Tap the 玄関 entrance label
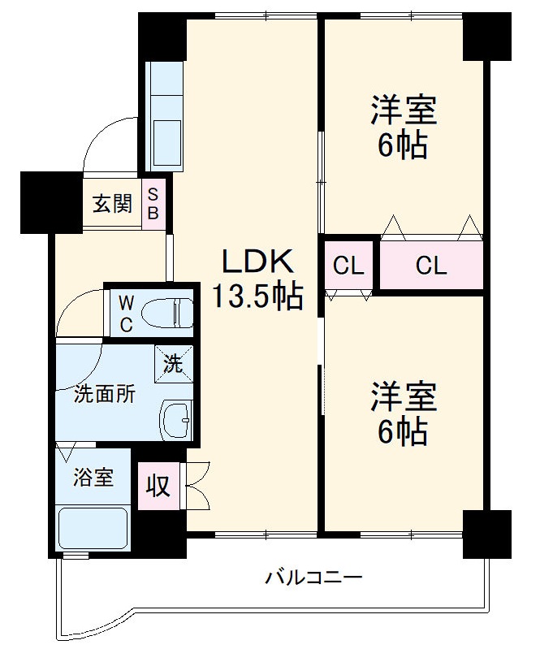(111, 202)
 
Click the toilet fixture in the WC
(167, 312)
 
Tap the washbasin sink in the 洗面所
(177, 420)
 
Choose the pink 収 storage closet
(158, 486)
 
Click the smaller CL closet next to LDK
(348, 266)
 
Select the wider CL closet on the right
(431, 266)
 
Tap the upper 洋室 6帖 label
(404, 128)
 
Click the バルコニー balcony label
(313, 578)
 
